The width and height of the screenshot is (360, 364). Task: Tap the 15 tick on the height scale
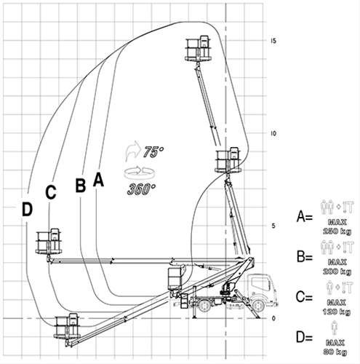(273, 41)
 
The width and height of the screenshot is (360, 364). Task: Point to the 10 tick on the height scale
(273, 133)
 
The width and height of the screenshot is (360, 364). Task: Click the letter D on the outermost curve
(27, 210)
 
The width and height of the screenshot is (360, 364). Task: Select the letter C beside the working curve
(50, 192)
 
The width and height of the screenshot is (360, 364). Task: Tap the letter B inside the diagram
(81, 184)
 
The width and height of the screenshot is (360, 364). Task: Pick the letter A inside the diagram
(100, 179)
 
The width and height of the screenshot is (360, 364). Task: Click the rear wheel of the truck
(204, 307)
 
